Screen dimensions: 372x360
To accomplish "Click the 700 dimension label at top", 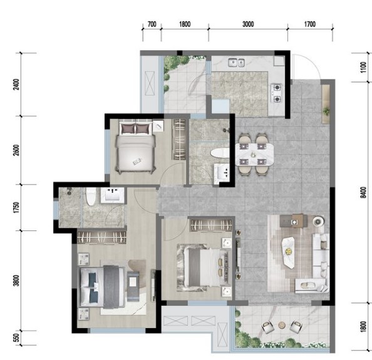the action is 152,24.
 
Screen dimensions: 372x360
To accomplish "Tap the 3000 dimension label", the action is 248,24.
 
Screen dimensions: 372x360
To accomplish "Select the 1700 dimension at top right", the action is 309,24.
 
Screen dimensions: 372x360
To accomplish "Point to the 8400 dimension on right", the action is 363,192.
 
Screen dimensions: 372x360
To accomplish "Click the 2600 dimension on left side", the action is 16,150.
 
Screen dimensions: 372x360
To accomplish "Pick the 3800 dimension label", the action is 16,280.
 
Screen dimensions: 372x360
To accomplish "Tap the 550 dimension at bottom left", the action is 16,337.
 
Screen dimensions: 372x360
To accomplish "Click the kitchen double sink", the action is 236,63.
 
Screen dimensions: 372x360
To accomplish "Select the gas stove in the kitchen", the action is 277,93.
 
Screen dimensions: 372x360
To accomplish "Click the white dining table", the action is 254,155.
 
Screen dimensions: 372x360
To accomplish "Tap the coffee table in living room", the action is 289,252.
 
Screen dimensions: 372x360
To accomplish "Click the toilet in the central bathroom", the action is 219,153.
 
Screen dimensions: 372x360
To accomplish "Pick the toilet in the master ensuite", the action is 91,197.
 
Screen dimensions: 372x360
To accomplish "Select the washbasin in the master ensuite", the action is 112,195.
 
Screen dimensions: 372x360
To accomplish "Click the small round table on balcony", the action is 282,325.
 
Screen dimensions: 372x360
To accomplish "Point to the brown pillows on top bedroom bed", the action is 136,129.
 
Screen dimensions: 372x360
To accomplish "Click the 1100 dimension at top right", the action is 363,68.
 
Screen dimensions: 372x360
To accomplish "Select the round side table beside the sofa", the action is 318,221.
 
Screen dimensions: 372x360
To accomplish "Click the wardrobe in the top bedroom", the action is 179,139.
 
